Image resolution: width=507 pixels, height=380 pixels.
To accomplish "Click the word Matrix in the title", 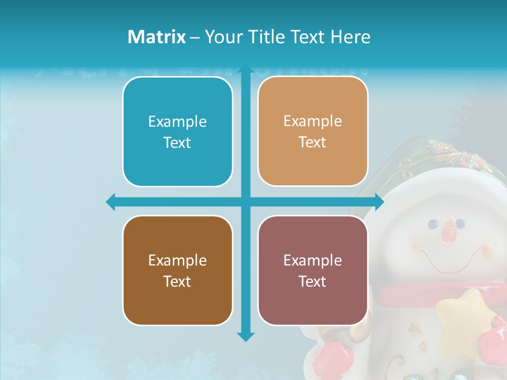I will [156, 37].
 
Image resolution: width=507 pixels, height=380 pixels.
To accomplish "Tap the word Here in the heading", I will [350, 37].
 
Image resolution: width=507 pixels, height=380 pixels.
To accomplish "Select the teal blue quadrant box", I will [177, 131].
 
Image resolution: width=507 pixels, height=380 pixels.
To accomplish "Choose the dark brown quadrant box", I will [177, 270].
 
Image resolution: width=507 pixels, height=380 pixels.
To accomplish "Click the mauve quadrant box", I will [313, 270].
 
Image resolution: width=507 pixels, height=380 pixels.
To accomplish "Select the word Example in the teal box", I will [177, 121].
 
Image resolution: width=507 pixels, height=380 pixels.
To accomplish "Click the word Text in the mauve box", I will [313, 281].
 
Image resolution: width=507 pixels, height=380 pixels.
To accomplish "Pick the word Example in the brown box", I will [177, 260].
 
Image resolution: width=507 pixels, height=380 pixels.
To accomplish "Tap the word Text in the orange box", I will [313, 142].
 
